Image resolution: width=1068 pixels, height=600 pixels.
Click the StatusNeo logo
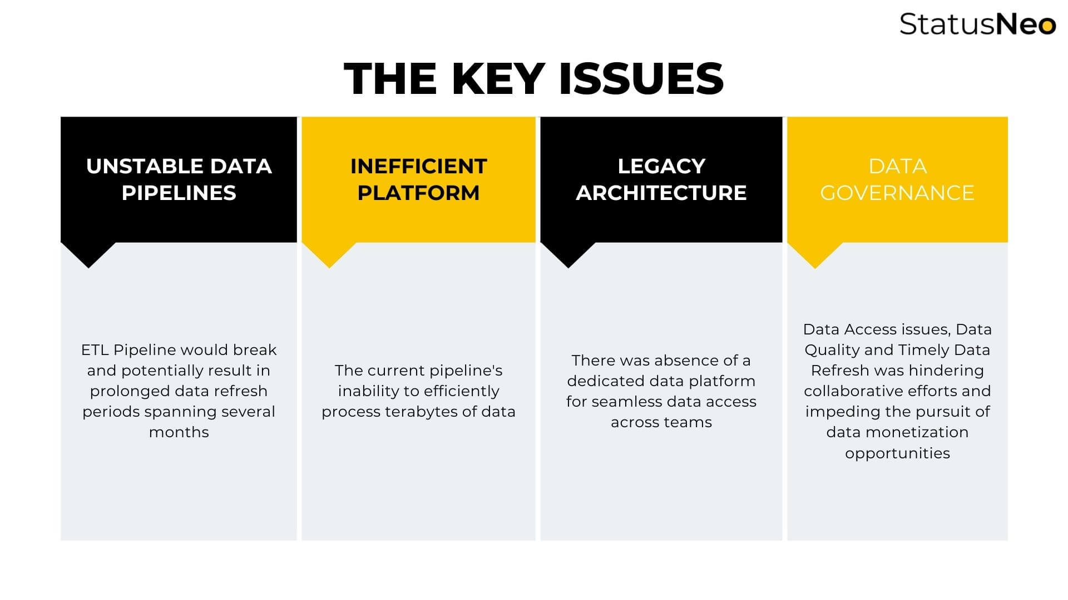click(977, 24)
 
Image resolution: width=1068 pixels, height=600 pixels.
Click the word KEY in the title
click(498, 78)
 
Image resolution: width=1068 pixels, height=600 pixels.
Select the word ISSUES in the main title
click(641, 78)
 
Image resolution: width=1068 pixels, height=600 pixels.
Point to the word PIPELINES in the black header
click(179, 193)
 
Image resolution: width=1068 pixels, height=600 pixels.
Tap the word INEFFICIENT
click(418, 166)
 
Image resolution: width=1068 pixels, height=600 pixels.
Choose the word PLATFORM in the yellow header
click(418, 193)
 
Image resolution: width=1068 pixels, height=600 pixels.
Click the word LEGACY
click(661, 166)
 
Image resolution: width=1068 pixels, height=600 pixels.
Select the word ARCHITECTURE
click(661, 193)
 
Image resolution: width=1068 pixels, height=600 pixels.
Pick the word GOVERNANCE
click(897, 193)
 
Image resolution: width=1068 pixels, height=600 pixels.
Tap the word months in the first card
click(179, 432)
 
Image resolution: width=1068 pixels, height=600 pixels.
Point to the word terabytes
click(419, 412)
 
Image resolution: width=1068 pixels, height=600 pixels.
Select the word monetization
click(917, 432)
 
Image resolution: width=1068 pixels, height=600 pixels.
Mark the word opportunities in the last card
click(897, 453)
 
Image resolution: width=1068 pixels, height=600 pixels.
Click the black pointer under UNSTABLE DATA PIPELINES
click(88, 255)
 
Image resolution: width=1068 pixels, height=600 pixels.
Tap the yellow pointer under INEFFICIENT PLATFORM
click(329, 255)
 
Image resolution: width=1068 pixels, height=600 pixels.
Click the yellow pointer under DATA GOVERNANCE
click(815, 255)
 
